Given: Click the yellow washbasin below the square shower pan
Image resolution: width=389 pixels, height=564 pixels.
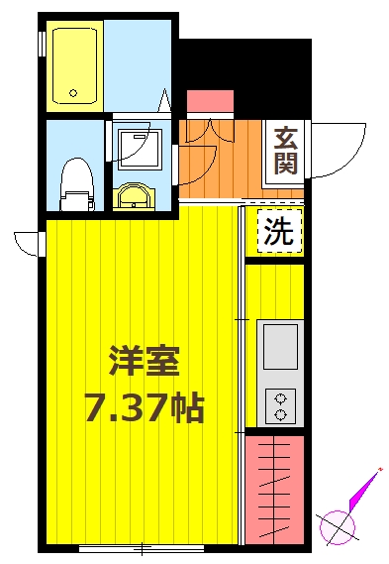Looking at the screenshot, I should [x=131, y=196].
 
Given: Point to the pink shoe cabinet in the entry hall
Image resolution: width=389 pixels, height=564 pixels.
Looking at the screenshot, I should [x=210, y=102].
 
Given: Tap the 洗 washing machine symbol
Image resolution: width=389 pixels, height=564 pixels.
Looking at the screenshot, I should [x=278, y=233].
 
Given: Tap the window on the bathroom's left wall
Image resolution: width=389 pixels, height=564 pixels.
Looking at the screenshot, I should [x=42, y=45].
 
